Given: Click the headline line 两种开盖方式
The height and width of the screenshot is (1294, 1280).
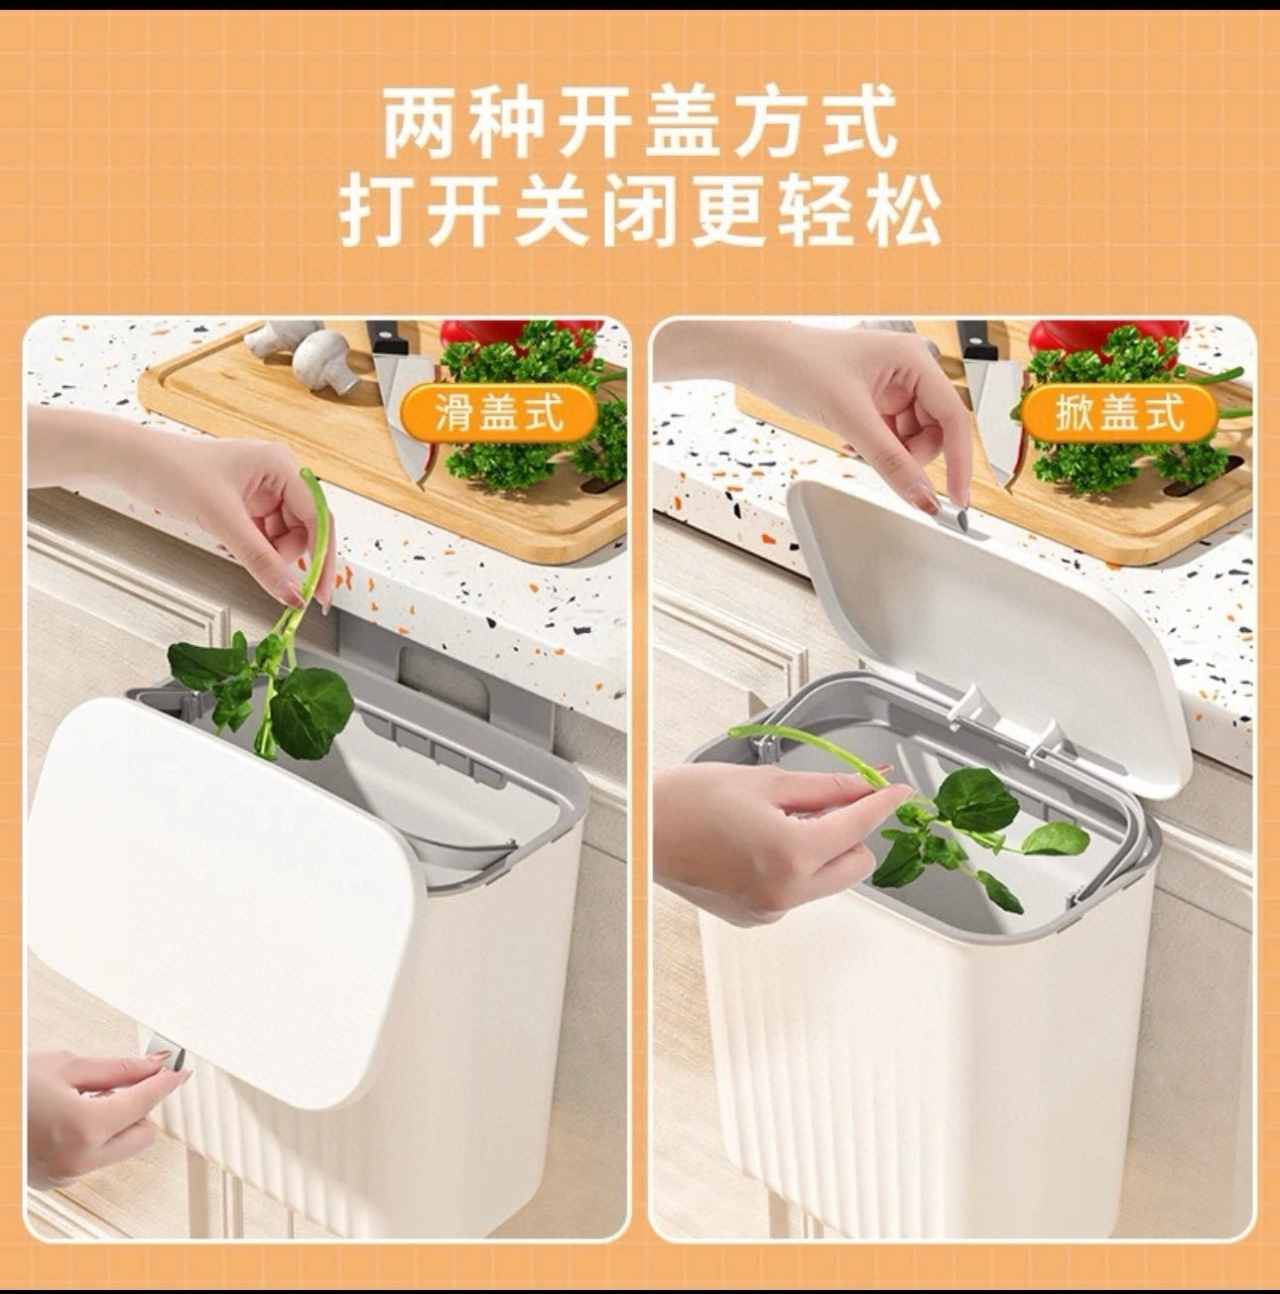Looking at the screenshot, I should (640, 123).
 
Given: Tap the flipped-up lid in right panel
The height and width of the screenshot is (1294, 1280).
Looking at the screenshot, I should (982, 615).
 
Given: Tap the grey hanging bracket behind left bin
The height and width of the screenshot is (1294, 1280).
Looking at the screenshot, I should (437, 675).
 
